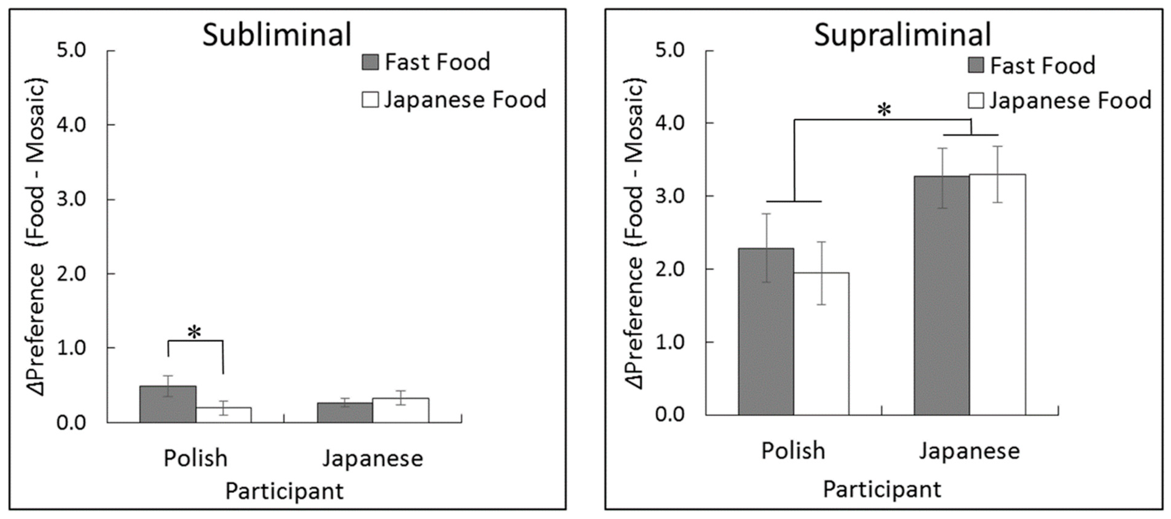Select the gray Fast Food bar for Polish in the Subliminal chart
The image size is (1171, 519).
168,404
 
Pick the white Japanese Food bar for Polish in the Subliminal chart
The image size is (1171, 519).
223,415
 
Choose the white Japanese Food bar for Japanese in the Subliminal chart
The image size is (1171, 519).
400,410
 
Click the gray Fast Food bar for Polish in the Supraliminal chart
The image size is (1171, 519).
766,332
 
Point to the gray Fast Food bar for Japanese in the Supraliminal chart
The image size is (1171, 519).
942,296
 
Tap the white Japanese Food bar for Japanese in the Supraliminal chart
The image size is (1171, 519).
997,295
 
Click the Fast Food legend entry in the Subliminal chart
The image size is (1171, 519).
426,62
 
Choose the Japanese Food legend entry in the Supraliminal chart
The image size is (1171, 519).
1059,101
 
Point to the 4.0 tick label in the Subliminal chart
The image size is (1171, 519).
71,125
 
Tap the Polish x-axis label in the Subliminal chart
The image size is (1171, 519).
195,458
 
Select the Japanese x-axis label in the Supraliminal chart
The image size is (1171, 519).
970,451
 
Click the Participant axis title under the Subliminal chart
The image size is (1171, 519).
284,491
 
